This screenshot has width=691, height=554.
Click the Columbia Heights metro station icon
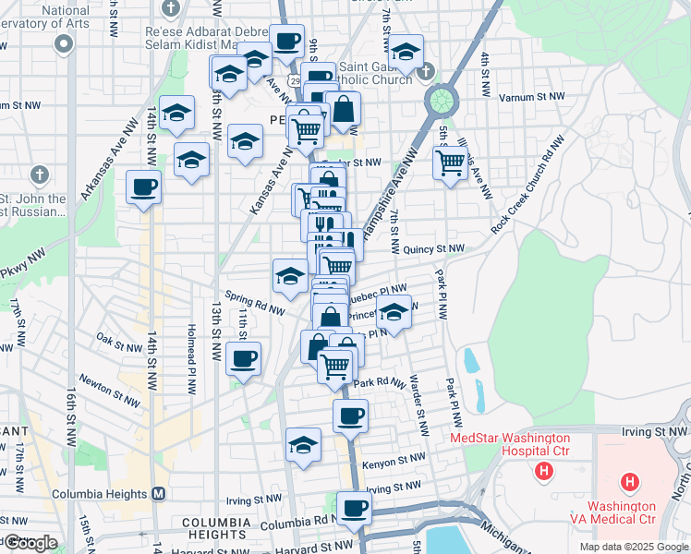click(158, 494)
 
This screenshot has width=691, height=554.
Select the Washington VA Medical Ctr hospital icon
click(630, 481)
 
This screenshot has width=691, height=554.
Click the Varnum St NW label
click(531, 95)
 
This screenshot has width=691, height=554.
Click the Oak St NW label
click(117, 341)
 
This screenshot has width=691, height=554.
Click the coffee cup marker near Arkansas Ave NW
click(143, 187)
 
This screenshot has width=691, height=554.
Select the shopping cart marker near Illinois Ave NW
click(450, 163)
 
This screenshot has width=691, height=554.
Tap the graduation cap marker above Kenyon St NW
click(303, 444)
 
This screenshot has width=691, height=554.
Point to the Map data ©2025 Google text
click(635, 547)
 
